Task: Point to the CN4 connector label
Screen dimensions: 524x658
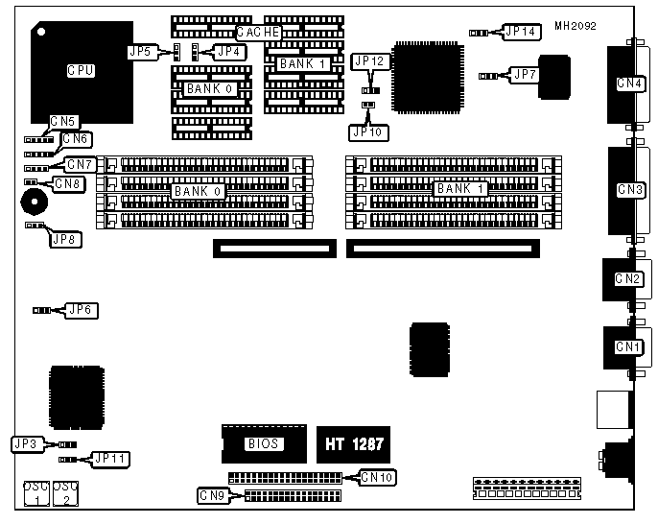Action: click(629, 83)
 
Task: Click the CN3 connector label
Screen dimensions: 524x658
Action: click(629, 190)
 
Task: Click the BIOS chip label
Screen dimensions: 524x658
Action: click(263, 443)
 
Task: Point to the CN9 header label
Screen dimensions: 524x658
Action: click(212, 496)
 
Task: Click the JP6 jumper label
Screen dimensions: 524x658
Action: click(80, 310)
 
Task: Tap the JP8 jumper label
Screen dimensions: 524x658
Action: click(65, 238)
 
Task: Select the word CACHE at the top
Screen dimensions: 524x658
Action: click(258, 32)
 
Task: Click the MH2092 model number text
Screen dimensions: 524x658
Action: click(575, 26)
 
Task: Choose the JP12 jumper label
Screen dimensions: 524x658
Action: click(369, 60)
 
